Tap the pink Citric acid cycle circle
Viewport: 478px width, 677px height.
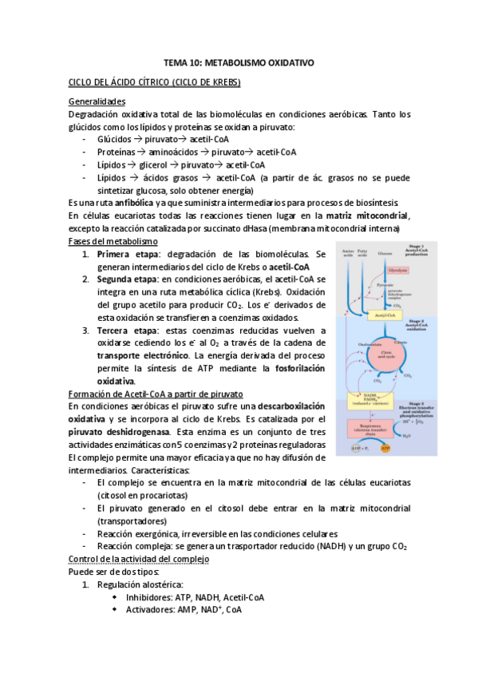point(386,353)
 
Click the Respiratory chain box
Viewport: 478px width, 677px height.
point(370,429)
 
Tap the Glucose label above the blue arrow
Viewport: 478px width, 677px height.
point(385,252)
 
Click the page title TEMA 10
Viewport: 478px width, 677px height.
point(239,61)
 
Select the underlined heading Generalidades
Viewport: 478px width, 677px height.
point(98,101)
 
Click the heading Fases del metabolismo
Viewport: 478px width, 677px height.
point(113,241)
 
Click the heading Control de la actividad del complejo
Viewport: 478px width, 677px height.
point(139,559)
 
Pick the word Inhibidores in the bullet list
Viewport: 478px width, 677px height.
point(153,597)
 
